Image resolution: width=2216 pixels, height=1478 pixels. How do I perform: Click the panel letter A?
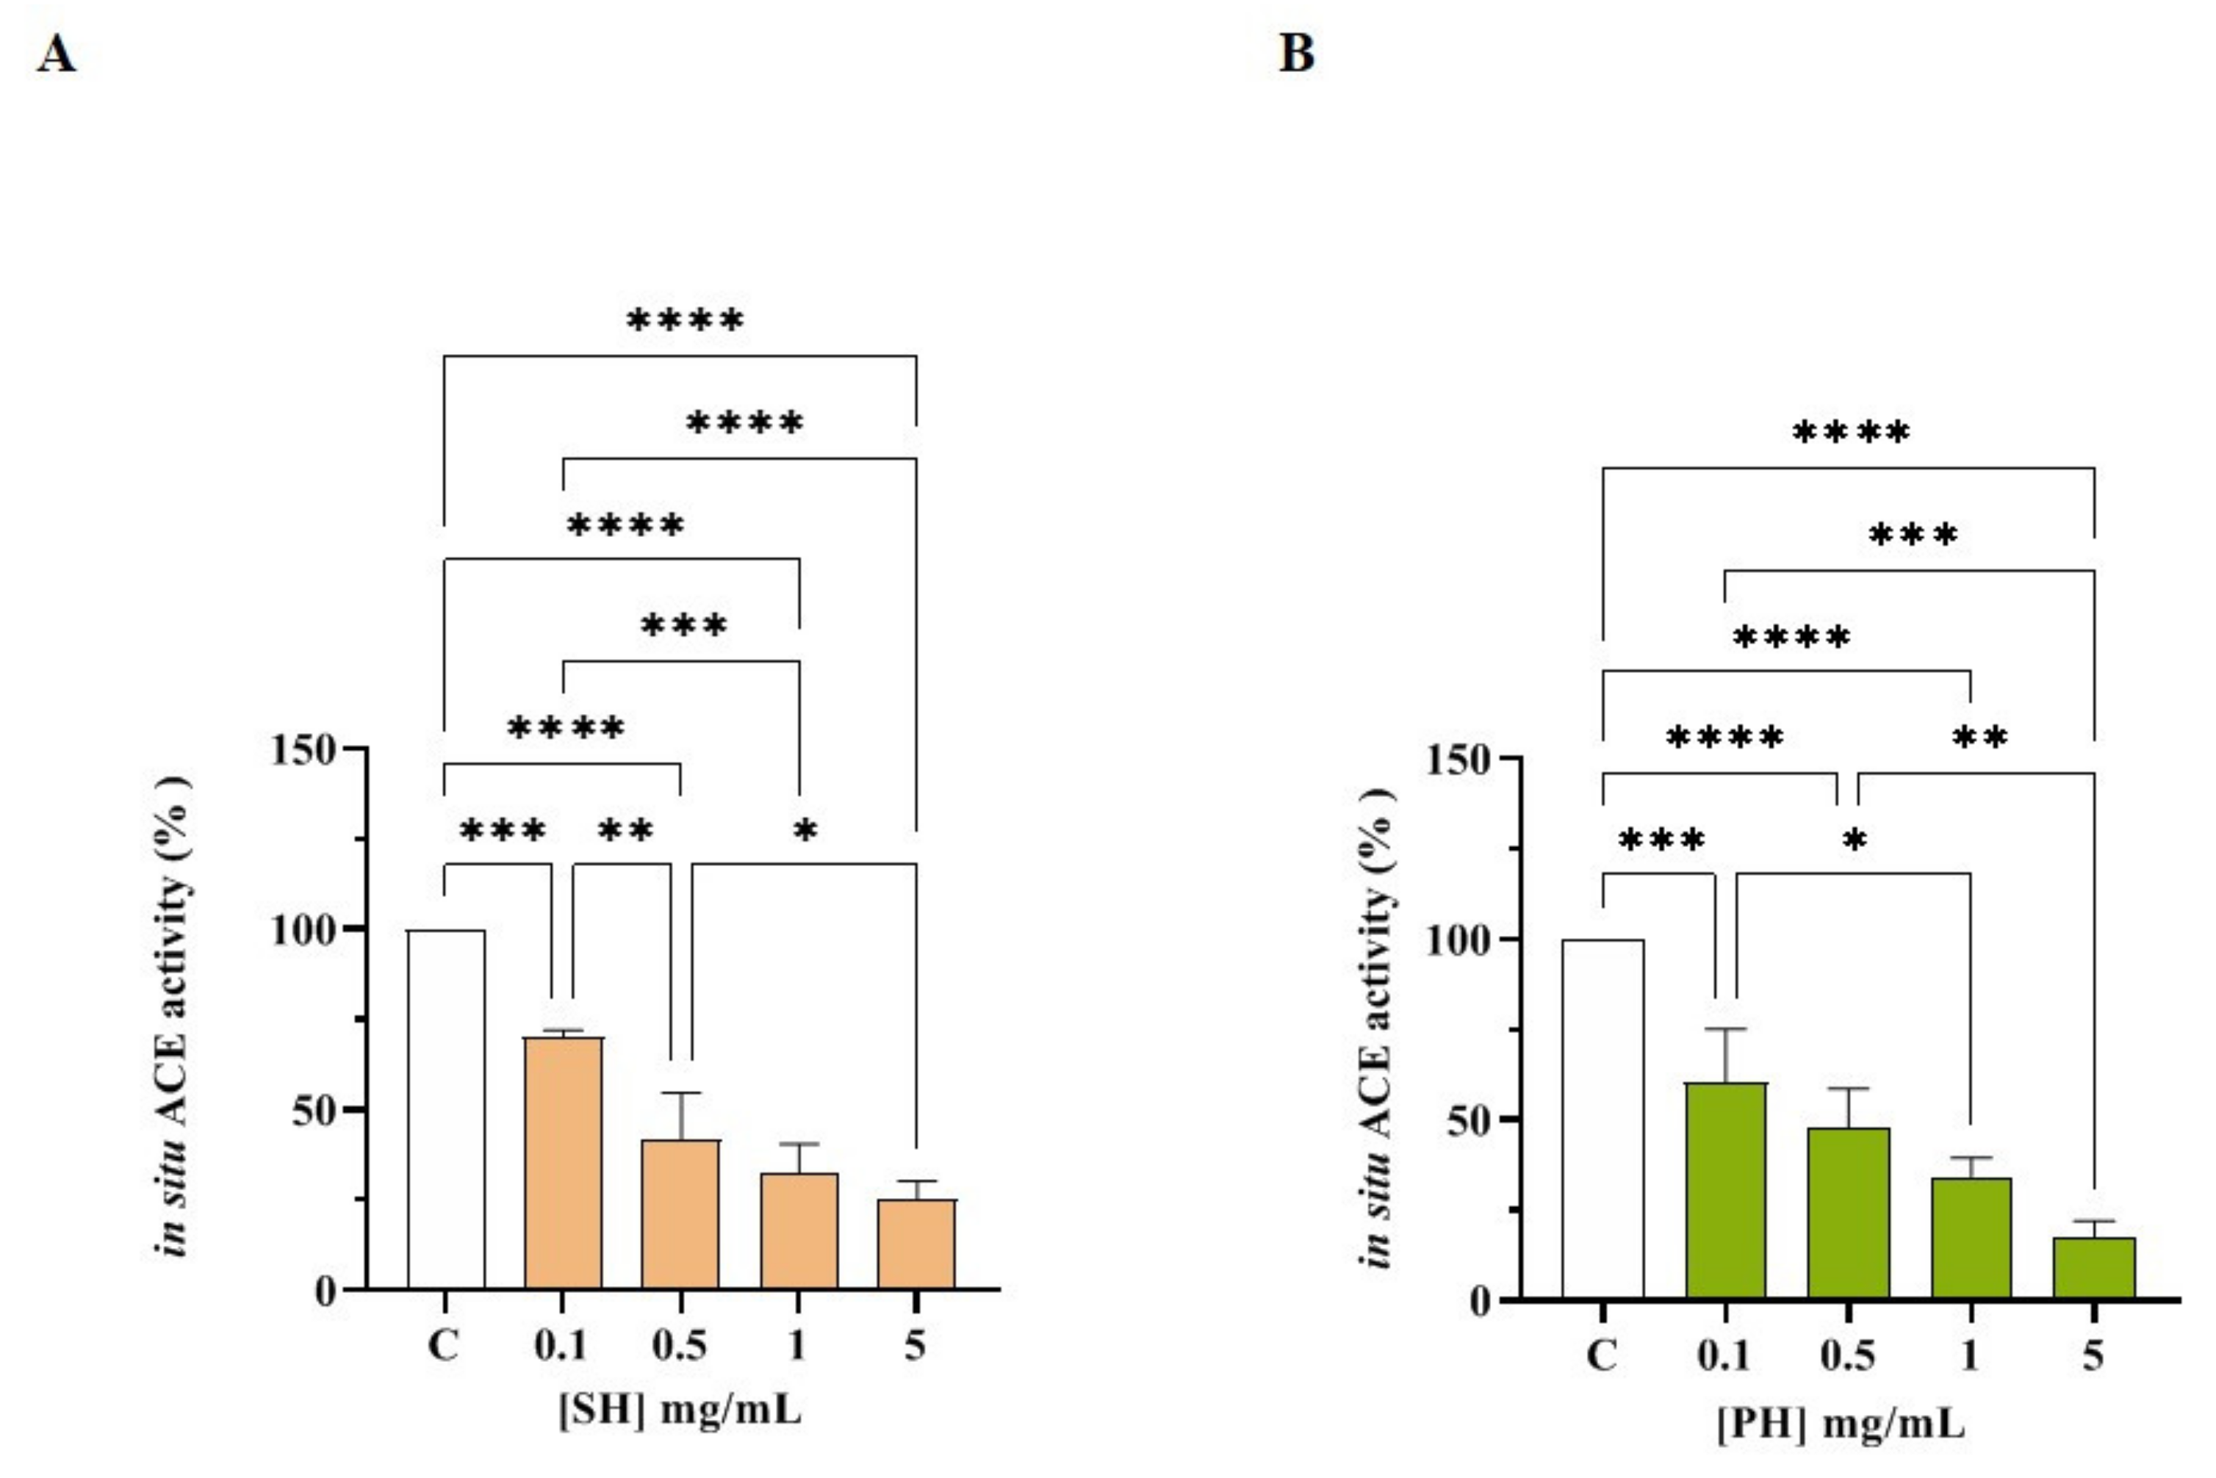tap(57, 54)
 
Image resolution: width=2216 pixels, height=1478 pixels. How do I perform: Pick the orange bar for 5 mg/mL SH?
tap(916, 1244)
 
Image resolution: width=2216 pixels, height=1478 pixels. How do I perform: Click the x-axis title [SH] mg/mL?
tap(680, 1411)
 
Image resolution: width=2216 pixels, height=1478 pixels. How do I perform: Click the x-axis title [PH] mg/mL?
tap(1840, 1424)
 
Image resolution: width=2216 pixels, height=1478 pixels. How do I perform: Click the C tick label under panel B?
tap(1602, 1355)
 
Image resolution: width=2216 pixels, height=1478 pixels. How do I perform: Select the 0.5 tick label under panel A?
tap(680, 1345)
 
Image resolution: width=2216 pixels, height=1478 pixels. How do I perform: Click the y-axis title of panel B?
tap(1375, 1028)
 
